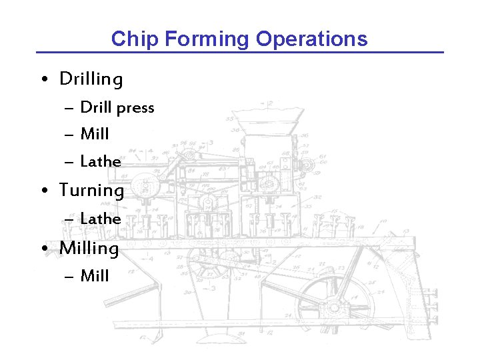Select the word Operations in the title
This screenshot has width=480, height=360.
(x=311, y=39)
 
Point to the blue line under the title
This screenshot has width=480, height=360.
(x=240, y=52)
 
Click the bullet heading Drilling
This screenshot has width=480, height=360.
(x=91, y=79)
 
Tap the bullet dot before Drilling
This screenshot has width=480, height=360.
(x=43, y=80)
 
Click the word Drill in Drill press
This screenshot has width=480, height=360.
(x=95, y=107)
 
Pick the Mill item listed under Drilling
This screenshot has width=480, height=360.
(x=95, y=134)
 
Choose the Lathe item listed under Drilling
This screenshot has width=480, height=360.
(x=101, y=161)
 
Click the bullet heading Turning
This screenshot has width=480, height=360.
(x=92, y=191)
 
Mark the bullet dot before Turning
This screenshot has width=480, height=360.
(x=43, y=191)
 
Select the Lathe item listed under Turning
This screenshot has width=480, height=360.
(x=101, y=219)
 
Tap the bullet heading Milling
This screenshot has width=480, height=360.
(x=89, y=248)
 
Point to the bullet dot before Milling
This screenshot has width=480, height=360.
(x=43, y=249)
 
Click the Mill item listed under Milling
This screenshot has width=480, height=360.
(x=95, y=275)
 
